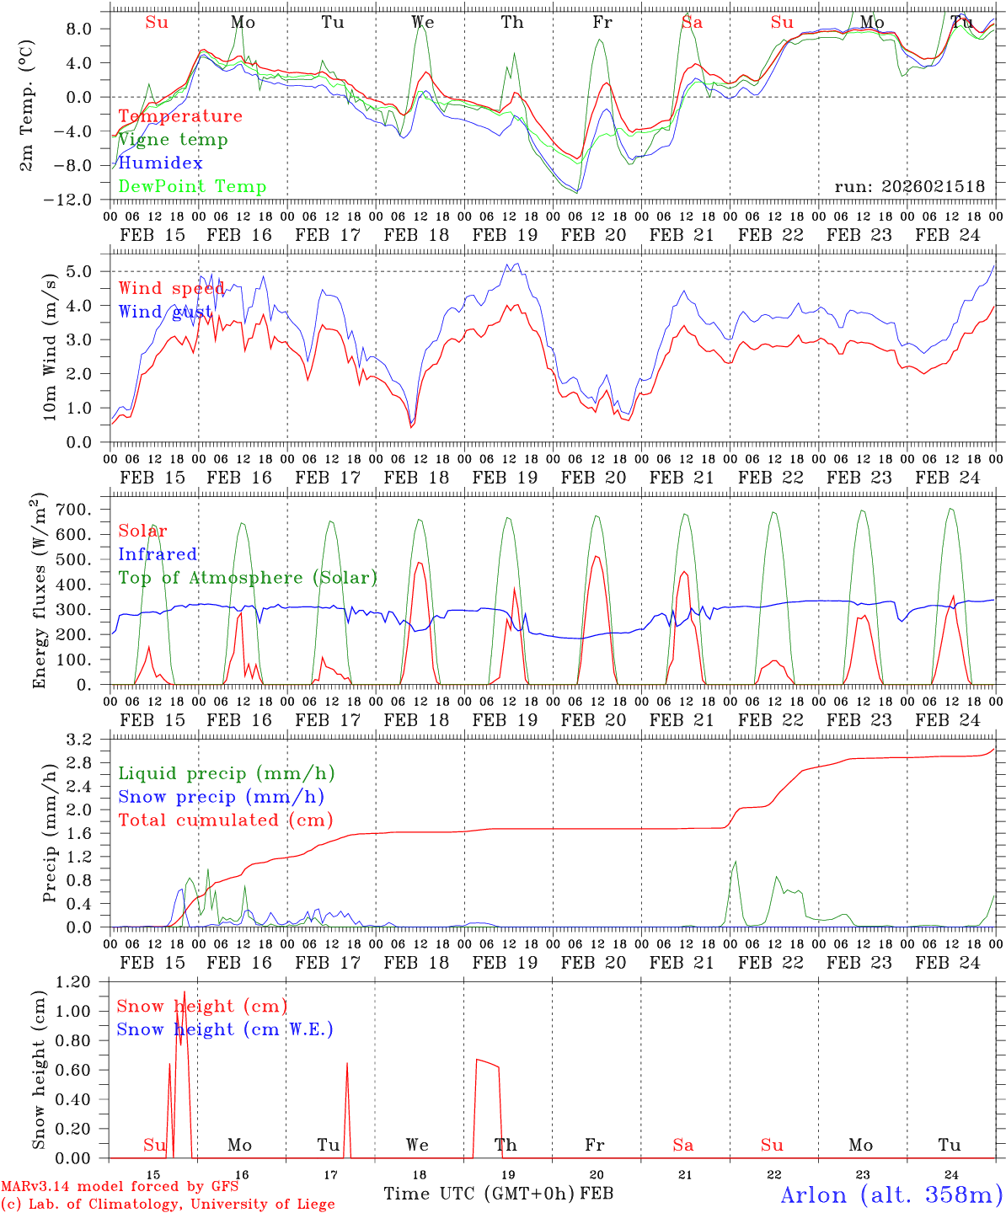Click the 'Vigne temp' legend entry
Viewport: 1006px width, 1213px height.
pos(173,140)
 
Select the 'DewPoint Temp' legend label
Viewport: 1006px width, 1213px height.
pos(192,186)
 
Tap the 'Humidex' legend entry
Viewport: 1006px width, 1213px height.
pos(160,163)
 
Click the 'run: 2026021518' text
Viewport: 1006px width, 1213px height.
pos(909,187)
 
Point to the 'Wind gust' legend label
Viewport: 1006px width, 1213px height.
pos(165,312)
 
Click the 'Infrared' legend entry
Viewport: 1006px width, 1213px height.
pos(158,554)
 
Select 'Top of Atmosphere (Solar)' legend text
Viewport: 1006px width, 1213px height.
pos(247,578)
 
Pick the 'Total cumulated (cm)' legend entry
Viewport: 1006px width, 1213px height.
pos(225,820)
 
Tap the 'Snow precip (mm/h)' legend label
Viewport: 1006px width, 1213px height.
pos(221,797)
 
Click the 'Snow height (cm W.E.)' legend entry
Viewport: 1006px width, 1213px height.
pos(224,1029)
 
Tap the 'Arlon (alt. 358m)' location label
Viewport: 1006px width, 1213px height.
pos(891,1194)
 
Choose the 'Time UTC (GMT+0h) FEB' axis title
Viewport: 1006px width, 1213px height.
pos(498,1194)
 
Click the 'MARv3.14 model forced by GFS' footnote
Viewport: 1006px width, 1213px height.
pos(119,1187)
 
